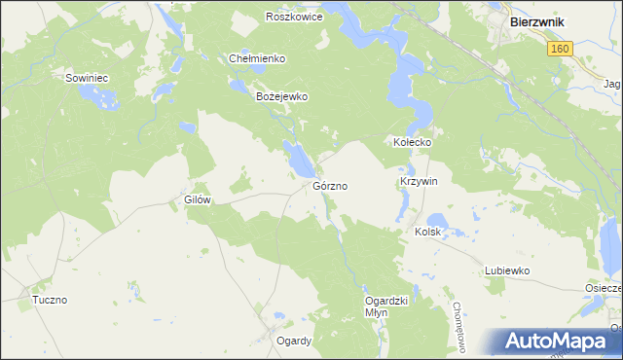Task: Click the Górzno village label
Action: pyautogui.click(x=331, y=185)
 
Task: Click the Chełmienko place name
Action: pyautogui.click(x=257, y=58)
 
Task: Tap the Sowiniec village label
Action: pyautogui.click(x=86, y=77)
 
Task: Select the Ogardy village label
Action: pyautogui.click(x=293, y=341)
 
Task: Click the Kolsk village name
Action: pyautogui.click(x=428, y=233)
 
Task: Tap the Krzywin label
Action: pyautogui.click(x=419, y=182)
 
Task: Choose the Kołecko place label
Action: pyautogui.click(x=412, y=142)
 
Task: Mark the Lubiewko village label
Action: pyautogui.click(x=506, y=271)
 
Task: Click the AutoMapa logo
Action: pyautogui.click(x=558, y=342)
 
